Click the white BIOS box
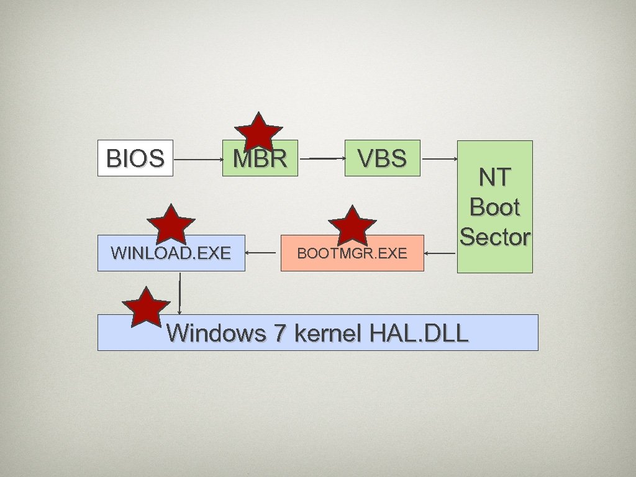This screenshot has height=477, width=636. [x=135, y=158]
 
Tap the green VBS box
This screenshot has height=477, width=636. [x=383, y=158]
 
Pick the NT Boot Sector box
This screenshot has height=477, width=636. [x=495, y=207]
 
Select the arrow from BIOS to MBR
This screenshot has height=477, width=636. [x=198, y=159]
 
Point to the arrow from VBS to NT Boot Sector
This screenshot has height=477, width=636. [x=439, y=159]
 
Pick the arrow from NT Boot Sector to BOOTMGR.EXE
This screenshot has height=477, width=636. [x=441, y=253]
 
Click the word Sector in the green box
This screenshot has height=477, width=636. [x=495, y=237]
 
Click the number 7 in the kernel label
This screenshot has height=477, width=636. [x=279, y=334]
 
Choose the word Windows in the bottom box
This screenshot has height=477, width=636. [x=216, y=334]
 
